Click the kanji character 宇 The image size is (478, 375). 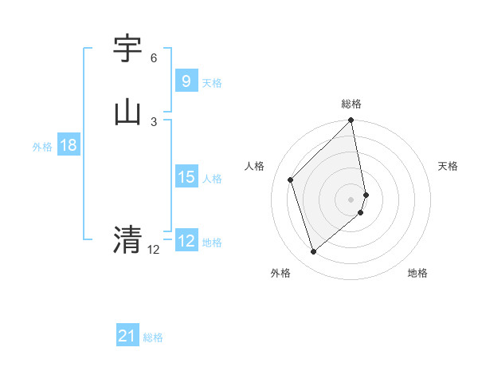click(128, 50)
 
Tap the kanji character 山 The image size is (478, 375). click(128, 112)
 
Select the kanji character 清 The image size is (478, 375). click(128, 239)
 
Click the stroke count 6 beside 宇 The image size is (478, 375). click(154, 58)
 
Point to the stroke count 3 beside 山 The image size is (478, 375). click(154, 121)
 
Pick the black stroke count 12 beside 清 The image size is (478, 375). click(154, 250)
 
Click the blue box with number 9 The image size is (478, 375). click(186, 81)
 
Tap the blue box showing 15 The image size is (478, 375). click(186, 176)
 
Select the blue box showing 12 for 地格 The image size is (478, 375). click(186, 240)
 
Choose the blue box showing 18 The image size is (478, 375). click(68, 145)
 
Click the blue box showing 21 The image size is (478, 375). click(127, 336)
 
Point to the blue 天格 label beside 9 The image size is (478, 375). click(212, 83)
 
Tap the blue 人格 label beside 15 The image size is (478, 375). click(212, 179)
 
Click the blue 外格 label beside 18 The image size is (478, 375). click(42, 147)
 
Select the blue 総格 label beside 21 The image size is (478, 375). click(153, 338)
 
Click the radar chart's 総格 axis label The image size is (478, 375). click(351, 104)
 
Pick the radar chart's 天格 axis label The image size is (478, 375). click(449, 166)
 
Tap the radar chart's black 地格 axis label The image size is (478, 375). click(417, 273)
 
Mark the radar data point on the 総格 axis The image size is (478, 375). click(351, 121)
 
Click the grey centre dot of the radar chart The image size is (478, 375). click(351, 199)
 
